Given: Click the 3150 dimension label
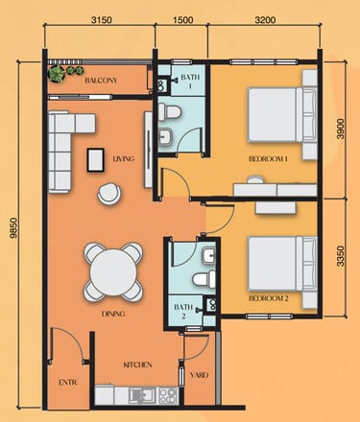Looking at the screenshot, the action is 102,20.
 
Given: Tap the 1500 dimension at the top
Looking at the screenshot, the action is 183,20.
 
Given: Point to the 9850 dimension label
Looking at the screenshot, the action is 13,228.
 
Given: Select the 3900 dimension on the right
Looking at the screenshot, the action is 341,129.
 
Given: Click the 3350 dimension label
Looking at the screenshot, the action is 341,256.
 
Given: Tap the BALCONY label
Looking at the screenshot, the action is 101,81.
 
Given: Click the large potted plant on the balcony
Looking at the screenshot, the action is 57,74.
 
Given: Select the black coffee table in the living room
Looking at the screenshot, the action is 96,160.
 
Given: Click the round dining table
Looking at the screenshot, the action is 113,272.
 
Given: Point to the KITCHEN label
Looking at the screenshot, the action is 137,364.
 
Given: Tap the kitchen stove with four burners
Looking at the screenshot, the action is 168,395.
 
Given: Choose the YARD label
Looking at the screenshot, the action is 199,375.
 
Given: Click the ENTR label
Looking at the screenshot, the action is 68,382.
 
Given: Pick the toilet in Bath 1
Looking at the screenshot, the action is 169,112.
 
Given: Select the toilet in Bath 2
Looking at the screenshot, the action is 204,279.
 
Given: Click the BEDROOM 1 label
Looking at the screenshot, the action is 268,158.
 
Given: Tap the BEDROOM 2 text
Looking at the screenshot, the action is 269,298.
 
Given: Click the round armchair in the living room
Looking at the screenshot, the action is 109,193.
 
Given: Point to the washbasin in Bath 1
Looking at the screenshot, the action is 165,137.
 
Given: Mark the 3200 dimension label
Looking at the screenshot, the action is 265,20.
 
